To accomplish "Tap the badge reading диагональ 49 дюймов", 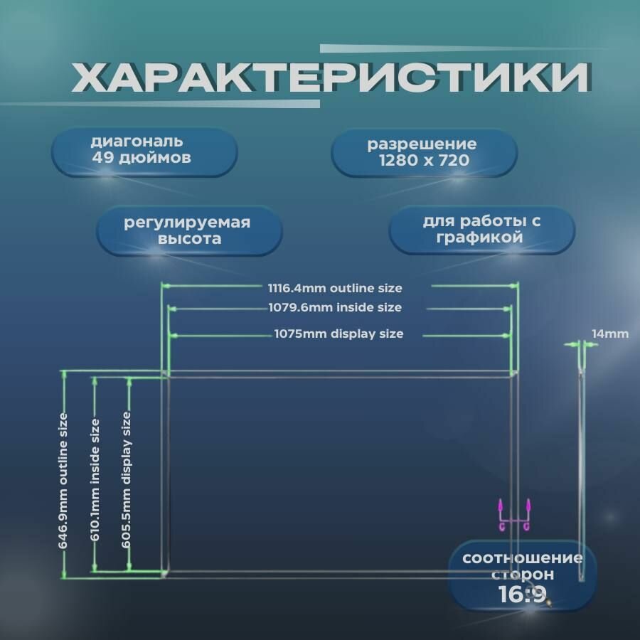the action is coord(144,151).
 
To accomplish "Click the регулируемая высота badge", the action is coord(188,230).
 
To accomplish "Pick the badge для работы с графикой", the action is coord(482,229).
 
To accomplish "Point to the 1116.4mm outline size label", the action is coord(335,288).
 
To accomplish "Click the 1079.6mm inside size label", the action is coord(335,308).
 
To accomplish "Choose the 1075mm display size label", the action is coord(338,334).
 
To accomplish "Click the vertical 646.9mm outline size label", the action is coord(63,480).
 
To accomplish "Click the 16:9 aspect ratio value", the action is coord(523,594).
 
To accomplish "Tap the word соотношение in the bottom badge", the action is coord(523,558).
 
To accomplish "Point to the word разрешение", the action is coord(422,145).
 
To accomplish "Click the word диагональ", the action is coord(137,142).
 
